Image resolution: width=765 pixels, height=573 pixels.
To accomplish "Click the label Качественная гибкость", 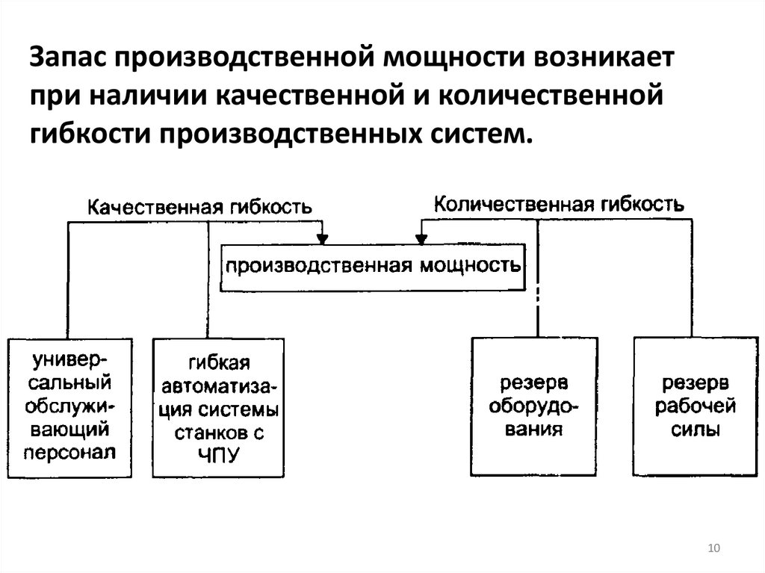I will coord(199,207).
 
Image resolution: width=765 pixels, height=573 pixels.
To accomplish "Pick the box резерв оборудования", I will coord(533,406).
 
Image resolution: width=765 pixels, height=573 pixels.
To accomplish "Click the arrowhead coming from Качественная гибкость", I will coord(323,239).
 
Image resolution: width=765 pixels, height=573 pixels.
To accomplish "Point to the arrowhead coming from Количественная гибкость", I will coord(421,239).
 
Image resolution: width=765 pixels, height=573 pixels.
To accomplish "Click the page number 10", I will coord(713,549).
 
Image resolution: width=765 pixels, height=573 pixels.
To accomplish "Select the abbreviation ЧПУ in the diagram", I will coord(219,454).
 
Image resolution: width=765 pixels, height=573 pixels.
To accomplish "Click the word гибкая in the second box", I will coord(219,365).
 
